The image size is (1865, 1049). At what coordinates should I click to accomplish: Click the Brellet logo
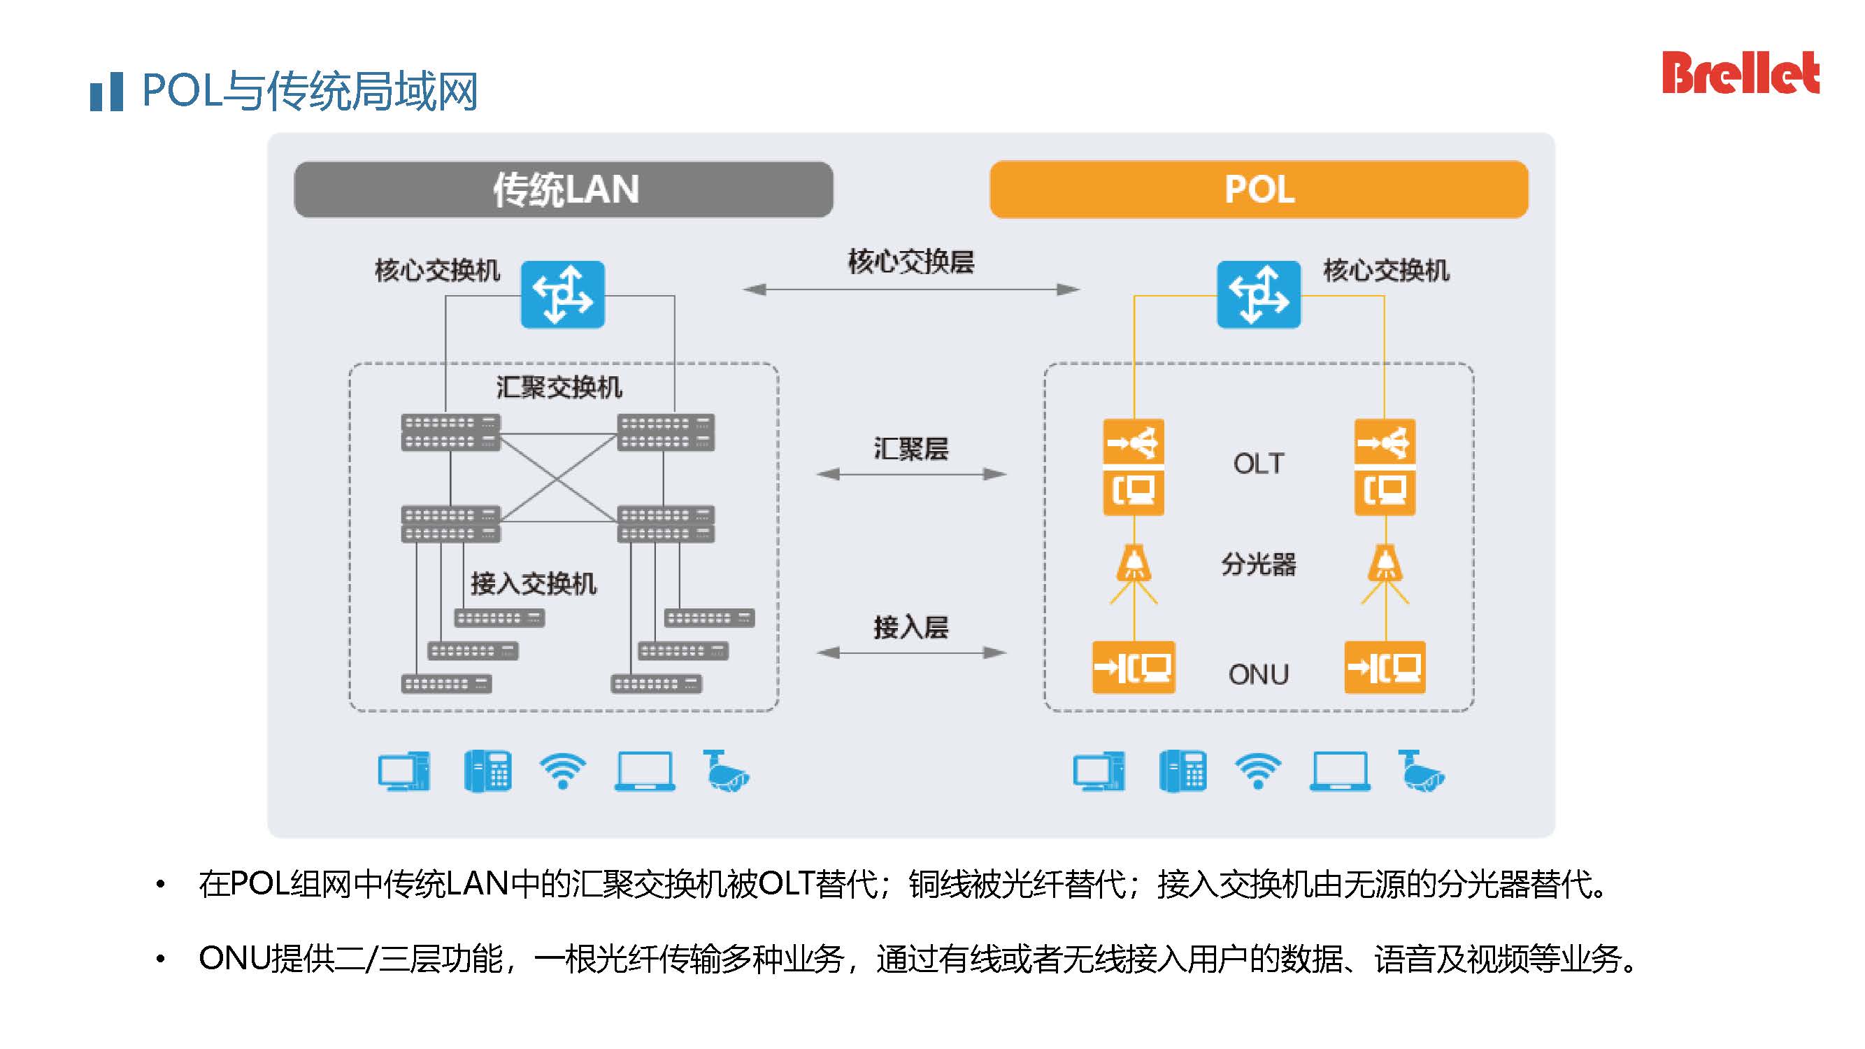tap(1740, 73)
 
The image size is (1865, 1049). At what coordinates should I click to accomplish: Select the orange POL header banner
tap(1258, 190)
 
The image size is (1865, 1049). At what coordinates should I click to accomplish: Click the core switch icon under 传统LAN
tap(562, 294)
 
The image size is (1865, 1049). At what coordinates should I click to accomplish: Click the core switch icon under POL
tap(1258, 294)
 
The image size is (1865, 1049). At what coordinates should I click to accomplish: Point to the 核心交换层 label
tap(910, 262)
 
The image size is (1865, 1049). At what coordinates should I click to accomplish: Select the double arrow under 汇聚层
tap(910, 474)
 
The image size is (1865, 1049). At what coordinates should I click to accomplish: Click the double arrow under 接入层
tap(910, 653)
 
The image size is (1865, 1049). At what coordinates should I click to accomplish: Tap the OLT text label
tap(1258, 464)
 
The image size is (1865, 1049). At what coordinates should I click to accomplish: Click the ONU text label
tap(1258, 675)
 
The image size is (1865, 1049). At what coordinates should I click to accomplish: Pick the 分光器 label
tap(1258, 564)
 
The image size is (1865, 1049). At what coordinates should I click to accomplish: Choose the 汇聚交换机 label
tap(559, 387)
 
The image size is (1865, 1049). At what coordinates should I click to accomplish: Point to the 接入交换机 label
tap(534, 583)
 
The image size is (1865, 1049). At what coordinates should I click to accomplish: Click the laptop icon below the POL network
tap(1339, 772)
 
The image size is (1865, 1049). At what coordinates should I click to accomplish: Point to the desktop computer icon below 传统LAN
tap(404, 772)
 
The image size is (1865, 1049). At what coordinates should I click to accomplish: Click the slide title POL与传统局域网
tap(310, 91)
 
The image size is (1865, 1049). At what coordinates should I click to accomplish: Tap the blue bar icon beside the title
tap(106, 92)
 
